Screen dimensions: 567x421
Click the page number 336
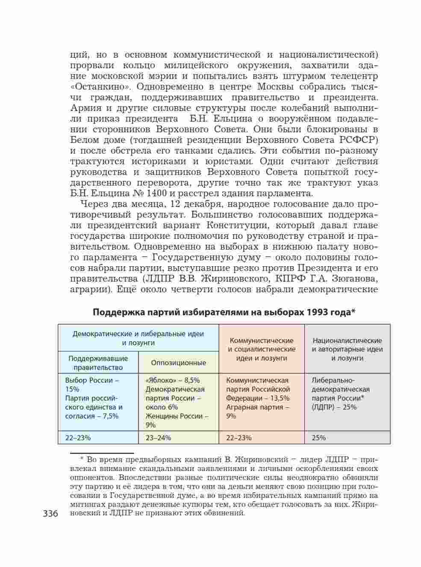click(50, 513)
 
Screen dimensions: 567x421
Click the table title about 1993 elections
click(224, 312)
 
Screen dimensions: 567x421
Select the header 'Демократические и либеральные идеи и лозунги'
click(138, 338)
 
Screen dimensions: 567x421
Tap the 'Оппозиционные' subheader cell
click(178, 363)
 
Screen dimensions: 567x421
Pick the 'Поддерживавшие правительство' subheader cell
click(98, 363)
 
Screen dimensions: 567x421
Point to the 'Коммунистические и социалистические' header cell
click(262, 349)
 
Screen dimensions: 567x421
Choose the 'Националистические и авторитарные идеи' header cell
click(347, 349)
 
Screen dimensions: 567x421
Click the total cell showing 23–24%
click(158, 437)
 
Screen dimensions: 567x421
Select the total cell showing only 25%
click(319, 437)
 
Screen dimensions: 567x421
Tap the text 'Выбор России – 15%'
click(92, 384)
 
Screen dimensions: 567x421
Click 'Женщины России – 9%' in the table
click(177, 420)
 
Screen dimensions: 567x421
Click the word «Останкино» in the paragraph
click(97, 87)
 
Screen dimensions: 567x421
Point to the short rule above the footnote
click(102, 453)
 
